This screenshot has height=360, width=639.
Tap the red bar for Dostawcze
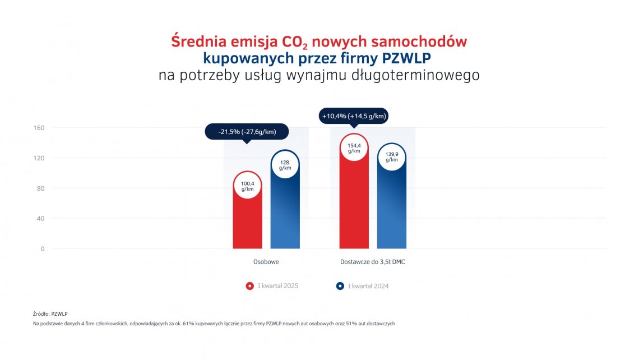354,207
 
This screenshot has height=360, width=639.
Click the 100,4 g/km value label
247,186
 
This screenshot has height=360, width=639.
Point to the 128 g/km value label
285,165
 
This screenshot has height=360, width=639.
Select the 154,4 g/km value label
354,148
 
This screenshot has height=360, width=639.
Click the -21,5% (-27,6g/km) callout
247,132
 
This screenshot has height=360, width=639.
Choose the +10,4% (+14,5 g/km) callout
354,116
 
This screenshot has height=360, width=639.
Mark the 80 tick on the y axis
40,188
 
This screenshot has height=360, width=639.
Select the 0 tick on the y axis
42,249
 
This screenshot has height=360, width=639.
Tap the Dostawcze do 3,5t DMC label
373,262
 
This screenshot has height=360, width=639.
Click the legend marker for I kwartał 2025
250,286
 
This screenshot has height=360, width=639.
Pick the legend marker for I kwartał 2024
340,286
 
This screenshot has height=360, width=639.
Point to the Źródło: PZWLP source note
50,314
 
